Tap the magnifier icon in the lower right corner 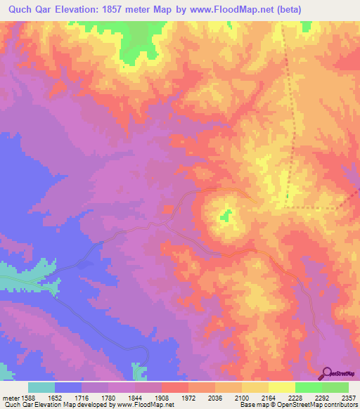327,372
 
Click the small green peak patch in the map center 226,216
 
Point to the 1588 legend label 26,398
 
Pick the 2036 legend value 214,398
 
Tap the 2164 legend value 268,398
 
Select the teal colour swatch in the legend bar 41,387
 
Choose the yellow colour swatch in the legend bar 282,387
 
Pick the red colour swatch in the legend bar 175,387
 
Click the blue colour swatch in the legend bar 68,387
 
